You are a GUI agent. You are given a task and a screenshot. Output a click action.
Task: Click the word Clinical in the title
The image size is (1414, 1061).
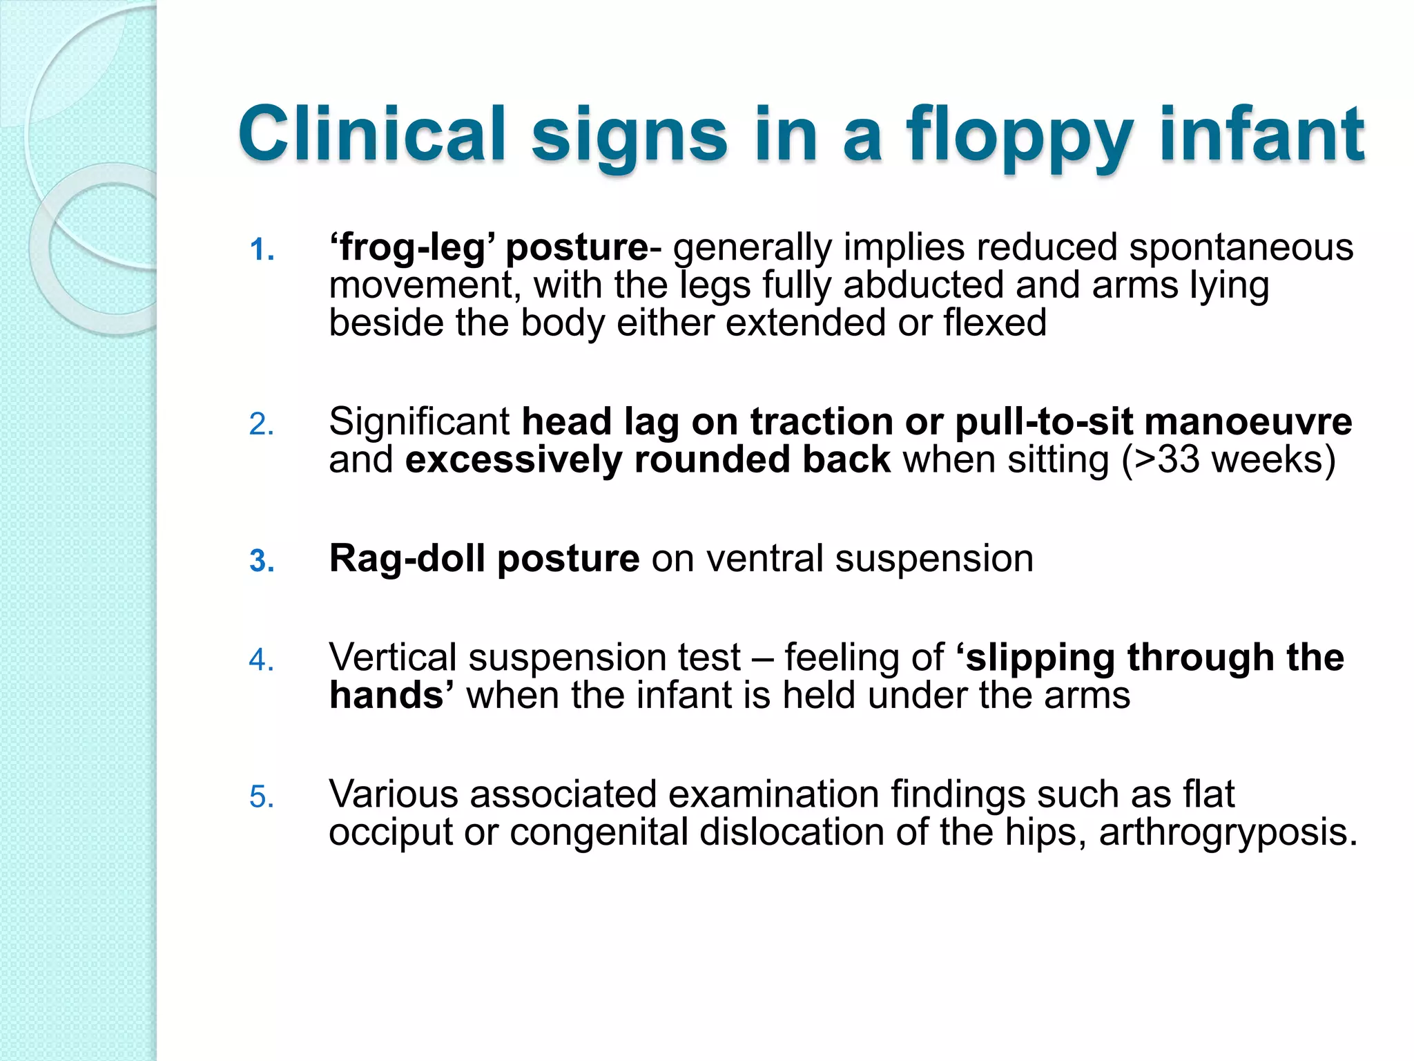[373, 134]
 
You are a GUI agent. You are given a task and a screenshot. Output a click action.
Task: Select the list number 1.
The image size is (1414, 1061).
[262, 250]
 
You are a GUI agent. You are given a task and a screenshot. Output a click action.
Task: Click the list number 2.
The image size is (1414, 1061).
[262, 424]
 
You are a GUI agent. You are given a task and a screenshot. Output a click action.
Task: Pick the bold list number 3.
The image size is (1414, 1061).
[262, 561]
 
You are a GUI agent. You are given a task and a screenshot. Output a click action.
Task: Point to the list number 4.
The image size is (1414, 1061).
[262, 660]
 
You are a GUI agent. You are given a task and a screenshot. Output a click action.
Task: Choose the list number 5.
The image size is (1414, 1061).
[262, 797]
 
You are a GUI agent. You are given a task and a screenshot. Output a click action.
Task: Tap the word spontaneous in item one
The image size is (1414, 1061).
[1241, 247]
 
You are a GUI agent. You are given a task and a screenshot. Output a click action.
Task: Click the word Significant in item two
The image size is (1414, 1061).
[419, 421]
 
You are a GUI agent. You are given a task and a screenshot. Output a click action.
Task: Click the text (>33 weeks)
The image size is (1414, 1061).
[1228, 459]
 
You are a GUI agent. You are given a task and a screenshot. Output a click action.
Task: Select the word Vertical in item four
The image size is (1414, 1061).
[392, 657]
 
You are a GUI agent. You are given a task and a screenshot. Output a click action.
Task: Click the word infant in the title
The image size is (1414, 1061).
[1261, 134]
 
